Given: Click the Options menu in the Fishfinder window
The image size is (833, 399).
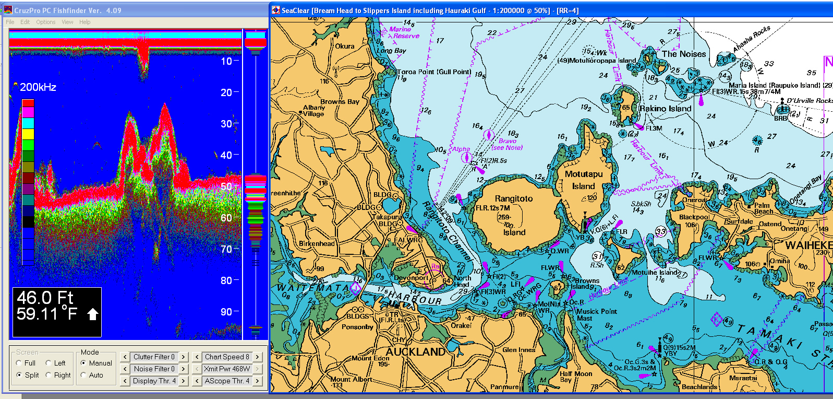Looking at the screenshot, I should pyautogui.click(x=45, y=22).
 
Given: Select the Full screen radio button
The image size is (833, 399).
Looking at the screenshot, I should pyautogui.click(x=19, y=363).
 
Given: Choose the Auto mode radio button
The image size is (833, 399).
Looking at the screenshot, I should pyautogui.click(x=83, y=375).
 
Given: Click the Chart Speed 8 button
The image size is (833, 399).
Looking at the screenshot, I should pyautogui.click(x=227, y=357).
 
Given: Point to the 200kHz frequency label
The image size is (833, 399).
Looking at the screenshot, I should pyautogui.click(x=38, y=87).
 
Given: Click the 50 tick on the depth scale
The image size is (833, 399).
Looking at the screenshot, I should pyautogui.click(x=226, y=186).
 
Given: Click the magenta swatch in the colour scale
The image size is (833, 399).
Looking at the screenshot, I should pyautogui.click(x=28, y=112).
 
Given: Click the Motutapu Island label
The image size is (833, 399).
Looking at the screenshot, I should pyautogui.click(x=583, y=180).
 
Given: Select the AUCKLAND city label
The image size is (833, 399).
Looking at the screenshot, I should pyautogui.click(x=415, y=351).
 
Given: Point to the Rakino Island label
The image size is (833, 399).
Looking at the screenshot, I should pyautogui.click(x=665, y=109).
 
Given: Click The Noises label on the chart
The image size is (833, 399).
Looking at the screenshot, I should pyautogui.click(x=683, y=54).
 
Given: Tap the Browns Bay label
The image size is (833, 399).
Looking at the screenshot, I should pyautogui.click(x=340, y=101).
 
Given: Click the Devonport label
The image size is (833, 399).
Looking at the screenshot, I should pyautogui.click(x=411, y=278).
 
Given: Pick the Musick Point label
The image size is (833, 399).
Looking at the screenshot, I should pyautogui.click(x=596, y=314).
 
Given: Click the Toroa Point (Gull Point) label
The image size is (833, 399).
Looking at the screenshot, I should pyautogui.click(x=434, y=72).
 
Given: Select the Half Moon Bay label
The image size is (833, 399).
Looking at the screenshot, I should pyautogui.click(x=575, y=377).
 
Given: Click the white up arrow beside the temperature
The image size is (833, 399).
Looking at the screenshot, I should pyautogui.click(x=92, y=314).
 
